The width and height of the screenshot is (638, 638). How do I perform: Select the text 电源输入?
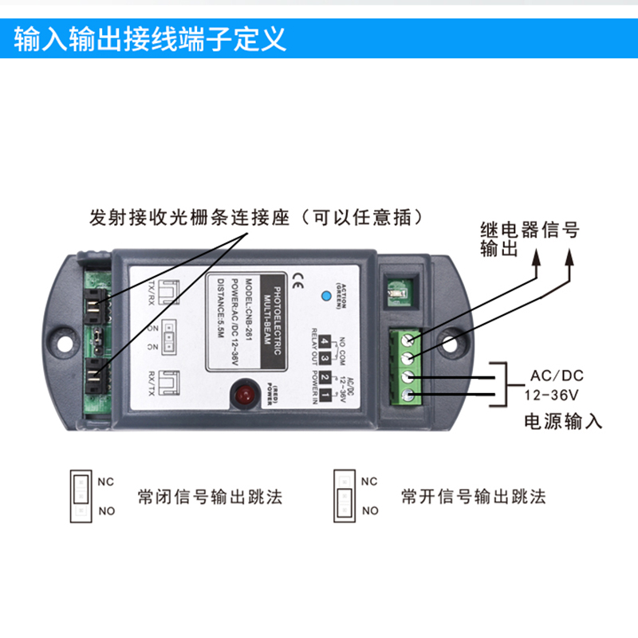[x=561, y=421]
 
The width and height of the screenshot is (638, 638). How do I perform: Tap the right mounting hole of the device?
[x=455, y=345]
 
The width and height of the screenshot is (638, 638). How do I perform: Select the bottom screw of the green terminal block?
[x=408, y=396]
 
